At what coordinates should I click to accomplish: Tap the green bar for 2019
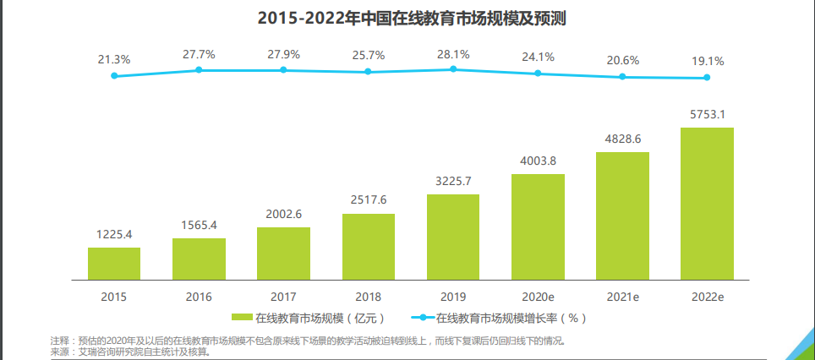click(x=452, y=237)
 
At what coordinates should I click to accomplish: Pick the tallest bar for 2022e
click(x=707, y=203)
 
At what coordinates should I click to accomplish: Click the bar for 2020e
click(x=538, y=226)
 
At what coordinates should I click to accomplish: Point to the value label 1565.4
click(x=199, y=225)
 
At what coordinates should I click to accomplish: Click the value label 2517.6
click(x=368, y=199)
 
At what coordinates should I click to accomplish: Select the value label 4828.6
click(x=622, y=139)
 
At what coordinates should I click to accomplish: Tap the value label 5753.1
click(x=707, y=114)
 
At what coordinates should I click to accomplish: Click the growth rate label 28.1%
click(x=452, y=54)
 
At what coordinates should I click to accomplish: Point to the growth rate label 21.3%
click(x=114, y=59)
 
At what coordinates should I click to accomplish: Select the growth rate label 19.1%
click(x=707, y=61)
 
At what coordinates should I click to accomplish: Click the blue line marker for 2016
click(x=199, y=70)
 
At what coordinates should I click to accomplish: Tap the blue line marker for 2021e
click(x=622, y=77)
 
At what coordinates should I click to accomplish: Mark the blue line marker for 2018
click(x=368, y=72)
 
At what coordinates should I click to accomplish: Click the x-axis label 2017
click(x=283, y=297)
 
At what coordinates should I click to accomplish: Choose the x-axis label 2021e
click(x=622, y=297)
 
